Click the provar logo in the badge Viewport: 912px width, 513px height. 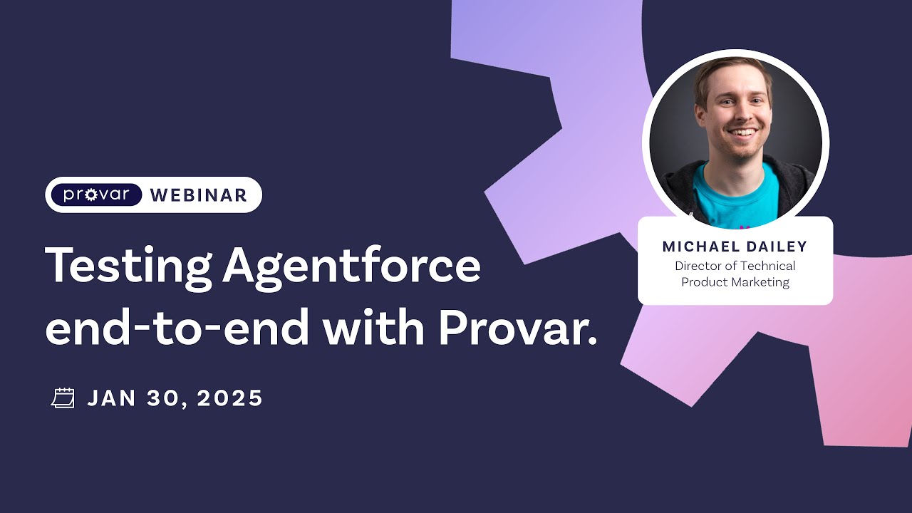click(x=96, y=195)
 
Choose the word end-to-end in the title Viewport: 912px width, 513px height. click(x=177, y=328)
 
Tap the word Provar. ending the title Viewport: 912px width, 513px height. click(x=517, y=328)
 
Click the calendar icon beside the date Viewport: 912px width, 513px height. click(x=63, y=398)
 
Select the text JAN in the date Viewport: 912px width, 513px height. click(x=113, y=398)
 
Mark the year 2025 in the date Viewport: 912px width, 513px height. click(x=230, y=398)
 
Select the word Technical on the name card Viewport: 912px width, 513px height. click(x=767, y=266)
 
